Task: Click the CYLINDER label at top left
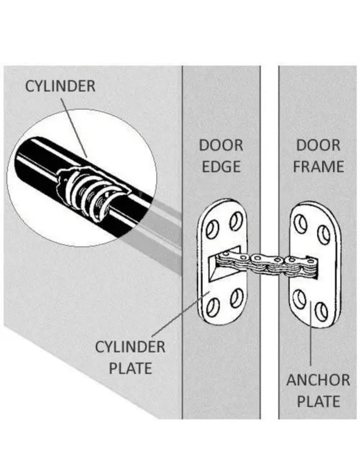coord(61,86)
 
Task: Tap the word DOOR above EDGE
coord(221,145)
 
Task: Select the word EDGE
coord(221,167)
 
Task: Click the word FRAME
coord(318,167)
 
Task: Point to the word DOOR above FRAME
coord(318,145)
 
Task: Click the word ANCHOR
coord(318,380)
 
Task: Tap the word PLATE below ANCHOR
coord(318,401)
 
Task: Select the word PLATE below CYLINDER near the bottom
coord(130,368)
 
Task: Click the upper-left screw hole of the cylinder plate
coord(212,230)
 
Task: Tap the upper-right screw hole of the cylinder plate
coord(236,221)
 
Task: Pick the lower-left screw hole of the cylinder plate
coord(213,307)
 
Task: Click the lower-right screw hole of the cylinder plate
coord(237,299)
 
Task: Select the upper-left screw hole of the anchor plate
coord(300,224)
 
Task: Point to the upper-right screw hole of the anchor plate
coord(323,235)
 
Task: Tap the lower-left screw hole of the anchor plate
coord(299,299)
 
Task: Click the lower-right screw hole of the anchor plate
coord(321,311)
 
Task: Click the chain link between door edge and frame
coord(267,265)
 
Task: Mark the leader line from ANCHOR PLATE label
coord(310,333)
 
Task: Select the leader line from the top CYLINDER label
coord(74,127)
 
